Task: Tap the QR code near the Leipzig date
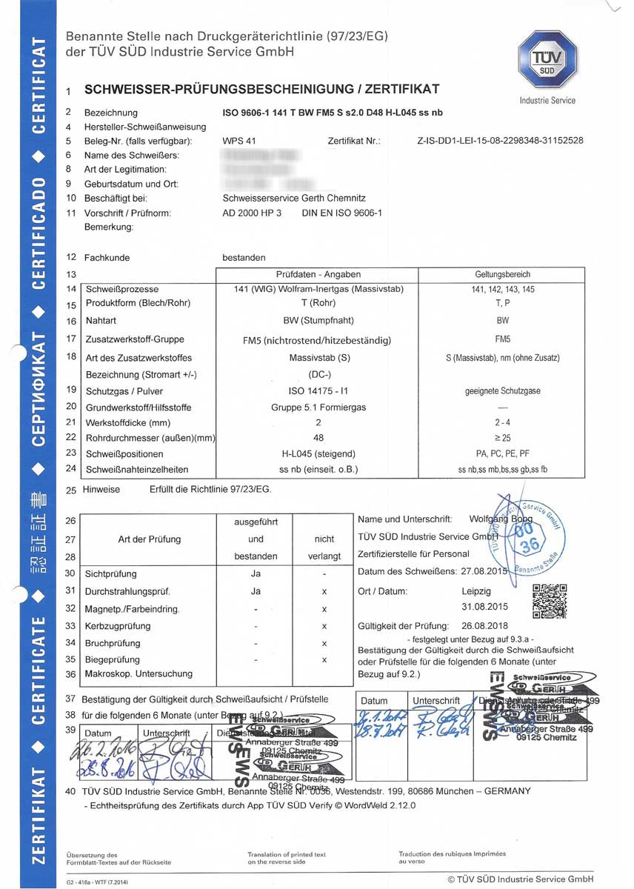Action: click(x=550, y=601)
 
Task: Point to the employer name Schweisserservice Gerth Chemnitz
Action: click(x=295, y=198)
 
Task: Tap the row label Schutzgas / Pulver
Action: click(x=124, y=390)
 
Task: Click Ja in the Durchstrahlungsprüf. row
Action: click(x=256, y=591)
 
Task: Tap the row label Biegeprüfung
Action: click(x=113, y=659)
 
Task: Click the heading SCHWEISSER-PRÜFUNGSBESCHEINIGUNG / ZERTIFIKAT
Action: click(x=262, y=90)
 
